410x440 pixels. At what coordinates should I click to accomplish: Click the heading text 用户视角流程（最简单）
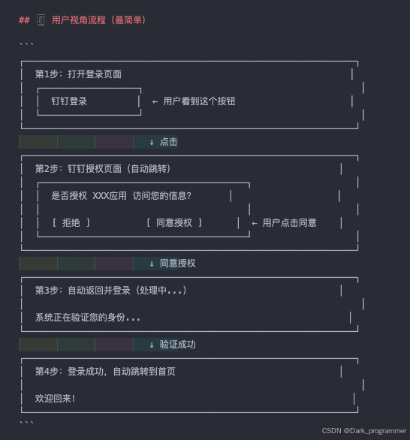click(x=98, y=20)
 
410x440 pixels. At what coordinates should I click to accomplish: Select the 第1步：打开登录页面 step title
click(x=78, y=74)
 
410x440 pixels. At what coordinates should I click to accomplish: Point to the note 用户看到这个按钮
click(x=199, y=101)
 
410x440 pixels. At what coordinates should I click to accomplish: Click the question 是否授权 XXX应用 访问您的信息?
click(x=121, y=196)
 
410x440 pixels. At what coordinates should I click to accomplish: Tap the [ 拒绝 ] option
click(x=71, y=223)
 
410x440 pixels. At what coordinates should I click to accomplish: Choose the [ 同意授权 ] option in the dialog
click(x=174, y=223)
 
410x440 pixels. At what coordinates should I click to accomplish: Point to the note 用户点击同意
click(x=289, y=223)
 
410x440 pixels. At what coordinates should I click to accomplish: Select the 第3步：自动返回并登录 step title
click(x=110, y=291)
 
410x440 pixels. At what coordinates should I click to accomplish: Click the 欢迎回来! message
click(x=55, y=399)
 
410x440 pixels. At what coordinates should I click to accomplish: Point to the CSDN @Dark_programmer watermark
click(x=363, y=431)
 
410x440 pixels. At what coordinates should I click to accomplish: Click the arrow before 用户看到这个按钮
click(x=155, y=101)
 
